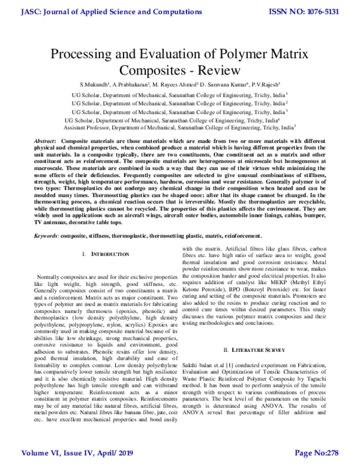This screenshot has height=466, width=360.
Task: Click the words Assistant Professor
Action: [x=89, y=128]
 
